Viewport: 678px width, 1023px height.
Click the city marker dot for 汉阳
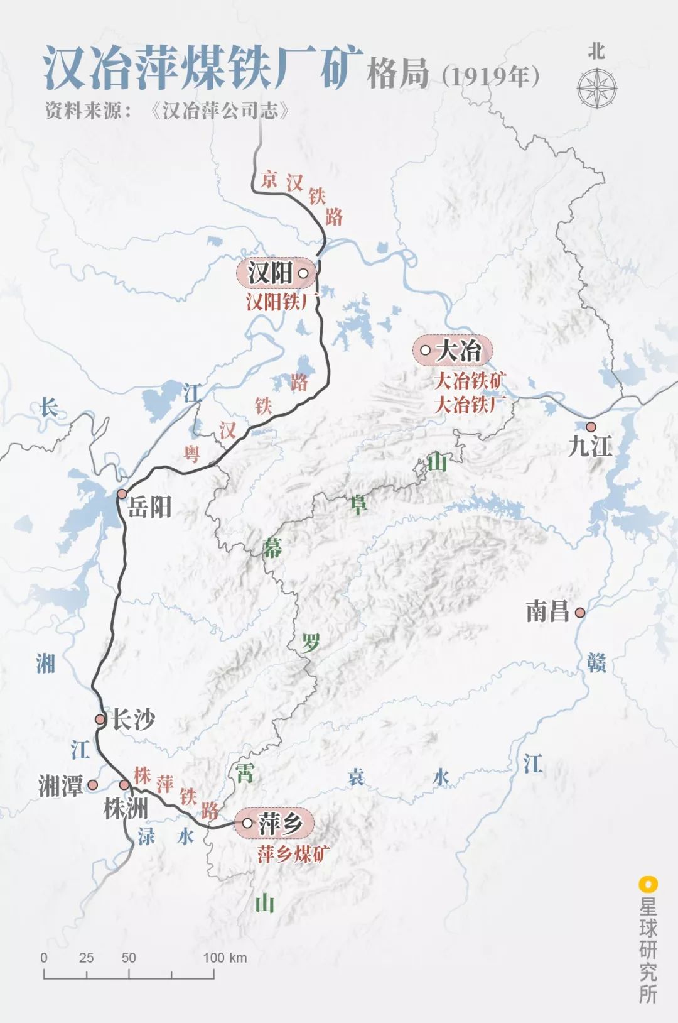[x=303, y=273]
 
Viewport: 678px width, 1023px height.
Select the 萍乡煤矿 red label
[x=293, y=854]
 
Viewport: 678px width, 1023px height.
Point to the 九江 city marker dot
[x=591, y=426]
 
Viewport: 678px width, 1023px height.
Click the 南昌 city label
[x=547, y=611]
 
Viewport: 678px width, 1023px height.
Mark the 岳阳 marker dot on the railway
[x=122, y=494]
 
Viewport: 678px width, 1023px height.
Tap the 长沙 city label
[x=133, y=719]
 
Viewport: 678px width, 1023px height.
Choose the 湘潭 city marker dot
[x=92, y=785]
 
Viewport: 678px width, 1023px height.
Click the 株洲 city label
[x=125, y=809]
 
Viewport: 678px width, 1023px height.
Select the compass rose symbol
[x=596, y=87]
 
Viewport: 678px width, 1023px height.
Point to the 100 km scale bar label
[x=225, y=958]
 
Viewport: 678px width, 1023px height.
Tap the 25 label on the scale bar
[x=87, y=958]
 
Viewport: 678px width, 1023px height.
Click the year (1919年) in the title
[x=491, y=76]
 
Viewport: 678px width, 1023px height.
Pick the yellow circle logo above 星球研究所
[x=647, y=884]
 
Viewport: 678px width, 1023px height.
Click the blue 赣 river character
[x=596, y=662]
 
